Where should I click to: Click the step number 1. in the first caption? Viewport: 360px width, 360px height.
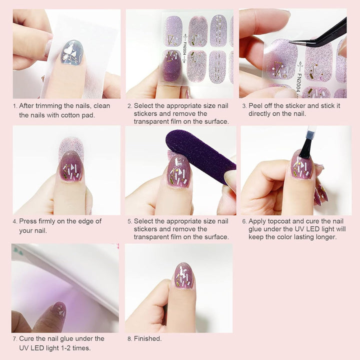coord(15,106)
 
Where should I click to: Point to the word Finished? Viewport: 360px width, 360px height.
coord(147,338)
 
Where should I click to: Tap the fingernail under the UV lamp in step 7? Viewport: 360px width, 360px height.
coord(59,309)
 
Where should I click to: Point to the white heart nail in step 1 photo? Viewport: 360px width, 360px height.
coord(72,52)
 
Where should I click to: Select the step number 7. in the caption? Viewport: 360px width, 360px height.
coord(15,339)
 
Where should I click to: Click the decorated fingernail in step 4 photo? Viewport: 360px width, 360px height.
coord(71,167)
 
